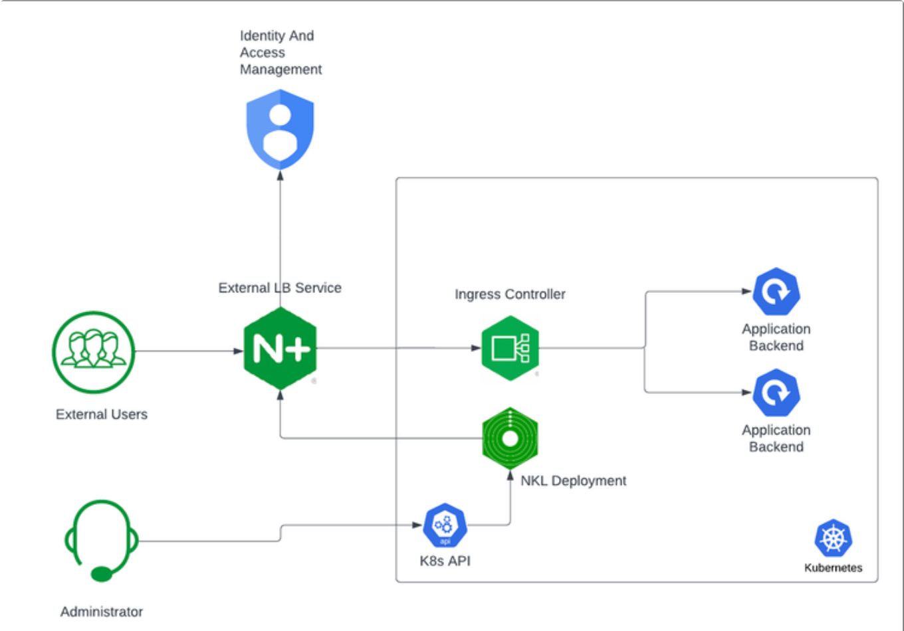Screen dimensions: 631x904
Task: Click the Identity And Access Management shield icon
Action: coord(280,129)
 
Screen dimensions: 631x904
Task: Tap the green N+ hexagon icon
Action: coord(280,349)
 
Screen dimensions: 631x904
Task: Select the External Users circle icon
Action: coord(94,352)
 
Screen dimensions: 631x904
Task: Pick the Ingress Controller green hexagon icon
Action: coord(510,348)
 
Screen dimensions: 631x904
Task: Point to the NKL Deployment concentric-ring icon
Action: coord(510,438)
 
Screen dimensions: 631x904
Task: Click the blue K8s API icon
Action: coord(445,525)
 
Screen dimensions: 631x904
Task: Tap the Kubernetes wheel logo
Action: coord(833,538)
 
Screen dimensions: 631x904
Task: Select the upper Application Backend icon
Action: coord(776,292)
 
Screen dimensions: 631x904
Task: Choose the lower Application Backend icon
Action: coord(776,393)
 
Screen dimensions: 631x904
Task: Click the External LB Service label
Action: coord(280,288)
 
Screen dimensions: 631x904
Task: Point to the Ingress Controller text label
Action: coord(510,294)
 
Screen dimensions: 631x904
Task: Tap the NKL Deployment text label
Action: coord(573,480)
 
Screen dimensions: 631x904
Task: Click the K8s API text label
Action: coord(445,561)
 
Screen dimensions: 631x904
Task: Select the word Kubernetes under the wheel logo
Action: coord(833,568)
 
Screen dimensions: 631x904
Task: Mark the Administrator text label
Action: coord(102,612)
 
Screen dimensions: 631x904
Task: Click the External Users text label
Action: coord(102,414)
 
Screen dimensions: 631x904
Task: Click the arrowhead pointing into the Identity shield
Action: coord(280,175)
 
